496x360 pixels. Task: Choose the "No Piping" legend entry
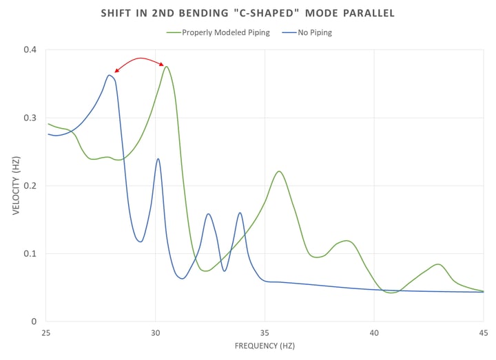coord(310,32)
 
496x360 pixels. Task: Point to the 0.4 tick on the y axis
coord(30,50)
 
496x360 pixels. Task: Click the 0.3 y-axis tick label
coord(30,118)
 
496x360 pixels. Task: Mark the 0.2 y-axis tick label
coord(30,186)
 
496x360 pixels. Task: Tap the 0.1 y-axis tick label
coord(30,253)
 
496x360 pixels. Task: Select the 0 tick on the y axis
coord(33,321)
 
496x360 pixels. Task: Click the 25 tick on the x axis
coord(46,332)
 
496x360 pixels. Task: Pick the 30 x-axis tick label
coord(156,332)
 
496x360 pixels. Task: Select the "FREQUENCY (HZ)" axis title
coord(265,347)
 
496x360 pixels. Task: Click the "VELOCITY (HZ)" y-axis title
coord(15,186)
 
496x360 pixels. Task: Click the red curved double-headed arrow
coord(141,59)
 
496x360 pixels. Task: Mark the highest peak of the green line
coord(166,67)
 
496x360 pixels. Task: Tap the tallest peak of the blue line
coord(110,76)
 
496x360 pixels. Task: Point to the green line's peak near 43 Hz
coord(438,264)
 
